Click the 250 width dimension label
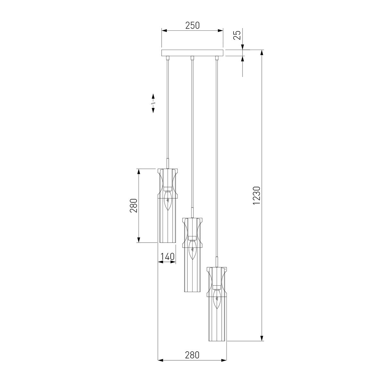[x=193, y=26]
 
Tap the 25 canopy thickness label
[x=237, y=35]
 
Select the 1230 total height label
[x=256, y=195]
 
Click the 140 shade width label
[x=167, y=257]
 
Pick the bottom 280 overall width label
[x=192, y=355]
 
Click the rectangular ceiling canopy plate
[x=192, y=53]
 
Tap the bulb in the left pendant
[x=168, y=201]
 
